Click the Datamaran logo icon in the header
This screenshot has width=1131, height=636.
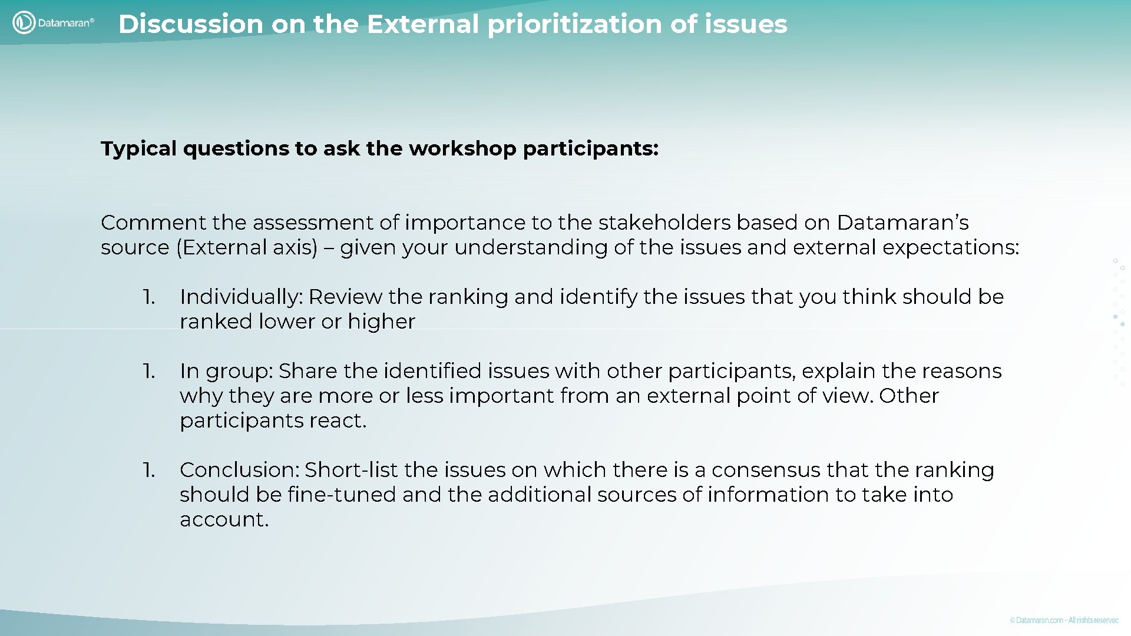24,23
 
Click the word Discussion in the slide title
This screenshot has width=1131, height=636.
190,24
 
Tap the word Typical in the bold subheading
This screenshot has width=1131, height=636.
138,148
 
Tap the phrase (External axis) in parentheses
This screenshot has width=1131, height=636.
247,247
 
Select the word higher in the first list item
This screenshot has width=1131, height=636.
381,322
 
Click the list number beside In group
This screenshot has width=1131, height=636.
149,371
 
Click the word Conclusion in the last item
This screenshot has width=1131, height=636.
240,470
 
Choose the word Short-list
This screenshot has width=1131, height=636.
351,470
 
